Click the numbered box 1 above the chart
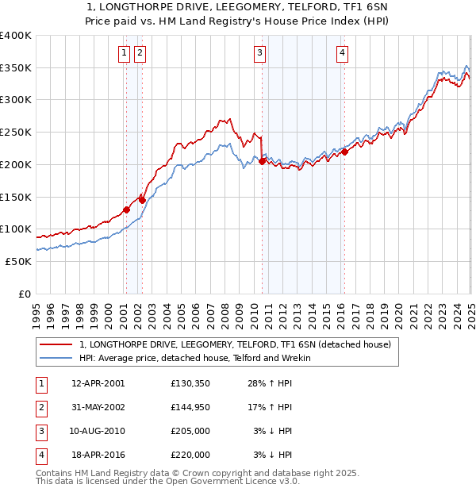pos(125,53)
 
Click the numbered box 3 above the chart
pos(260,53)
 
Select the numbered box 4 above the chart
pos(342,53)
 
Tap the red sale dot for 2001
pos(126,209)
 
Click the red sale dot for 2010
pos(262,162)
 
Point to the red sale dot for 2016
pos(344,152)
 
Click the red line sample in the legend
pos(56,345)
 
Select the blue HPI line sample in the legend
pos(56,358)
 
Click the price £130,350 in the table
pos(190,383)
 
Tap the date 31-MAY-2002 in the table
pos(98,407)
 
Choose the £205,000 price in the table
pos(190,431)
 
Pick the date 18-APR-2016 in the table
pos(98,455)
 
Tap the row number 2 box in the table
pos(41,407)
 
